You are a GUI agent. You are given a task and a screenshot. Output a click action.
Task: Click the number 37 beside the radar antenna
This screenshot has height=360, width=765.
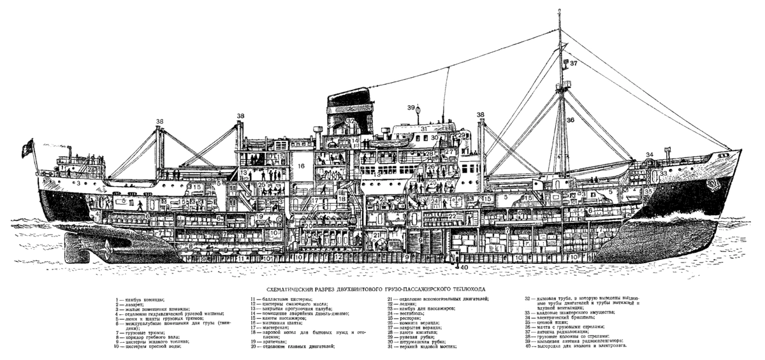pos(573,63)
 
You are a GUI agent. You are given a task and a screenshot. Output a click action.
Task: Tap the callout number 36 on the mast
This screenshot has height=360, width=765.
pos(571,119)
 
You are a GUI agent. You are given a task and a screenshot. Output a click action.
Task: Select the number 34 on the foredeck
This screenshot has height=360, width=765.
pos(650,154)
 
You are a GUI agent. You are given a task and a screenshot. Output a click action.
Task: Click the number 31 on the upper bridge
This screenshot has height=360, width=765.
pos(423,129)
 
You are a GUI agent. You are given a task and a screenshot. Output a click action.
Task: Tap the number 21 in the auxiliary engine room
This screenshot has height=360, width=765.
pos(377,235)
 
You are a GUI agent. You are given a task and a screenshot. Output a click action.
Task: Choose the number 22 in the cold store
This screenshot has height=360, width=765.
pos(452,216)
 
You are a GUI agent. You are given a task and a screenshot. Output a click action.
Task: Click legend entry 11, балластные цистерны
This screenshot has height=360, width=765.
pos(281,299)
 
